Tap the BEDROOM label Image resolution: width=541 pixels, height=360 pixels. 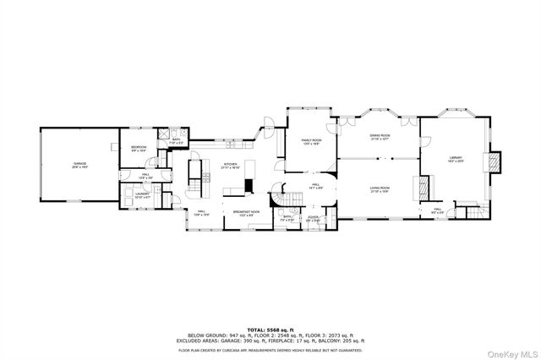tap(139, 149)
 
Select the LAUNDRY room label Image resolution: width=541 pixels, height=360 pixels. tap(142, 196)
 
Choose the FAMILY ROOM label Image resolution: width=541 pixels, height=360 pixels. tap(312, 142)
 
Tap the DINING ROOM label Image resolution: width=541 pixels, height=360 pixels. tap(380, 137)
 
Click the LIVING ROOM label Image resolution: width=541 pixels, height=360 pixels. tap(380, 189)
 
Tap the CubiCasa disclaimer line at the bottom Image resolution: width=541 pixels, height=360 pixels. tap(270, 348)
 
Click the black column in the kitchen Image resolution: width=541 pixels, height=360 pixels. tap(249, 186)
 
